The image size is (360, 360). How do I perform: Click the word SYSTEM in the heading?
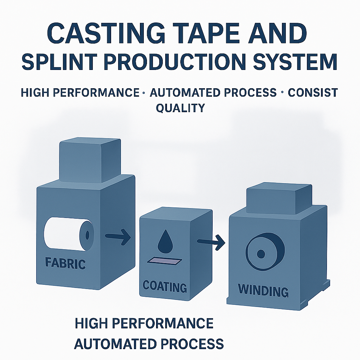295,62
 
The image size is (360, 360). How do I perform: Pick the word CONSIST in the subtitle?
313,92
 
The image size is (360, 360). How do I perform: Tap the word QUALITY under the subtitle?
180,108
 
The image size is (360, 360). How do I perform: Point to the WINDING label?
263,290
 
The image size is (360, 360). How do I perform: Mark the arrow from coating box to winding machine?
211,242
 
